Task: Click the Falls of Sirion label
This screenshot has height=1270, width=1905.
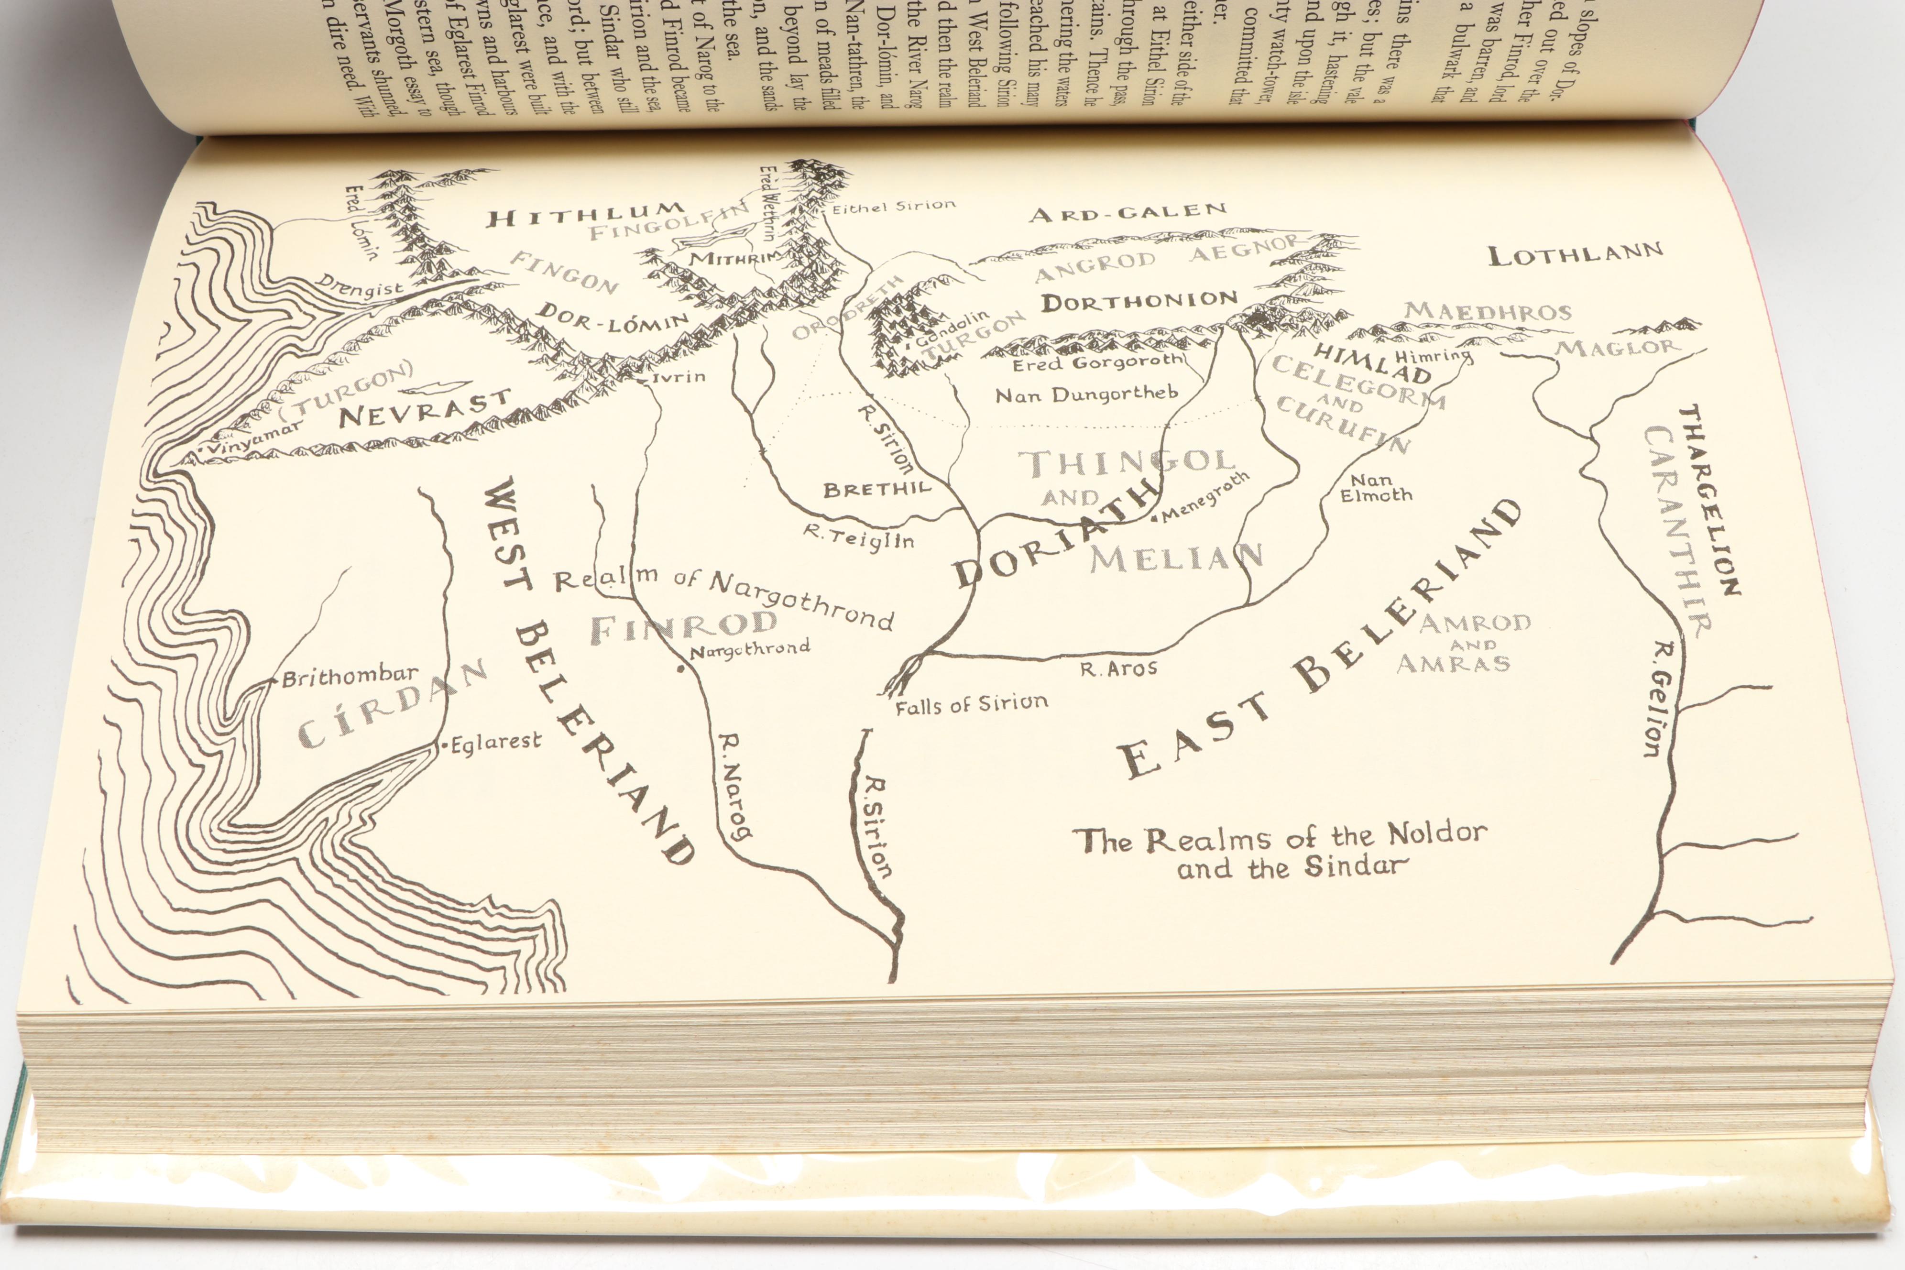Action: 971,705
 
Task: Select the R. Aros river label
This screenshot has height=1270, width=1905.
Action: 1118,669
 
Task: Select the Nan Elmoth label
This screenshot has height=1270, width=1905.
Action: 1375,488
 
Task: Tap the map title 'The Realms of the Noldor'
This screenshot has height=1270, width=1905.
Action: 1280,837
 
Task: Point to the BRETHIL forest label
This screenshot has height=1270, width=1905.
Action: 877,489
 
